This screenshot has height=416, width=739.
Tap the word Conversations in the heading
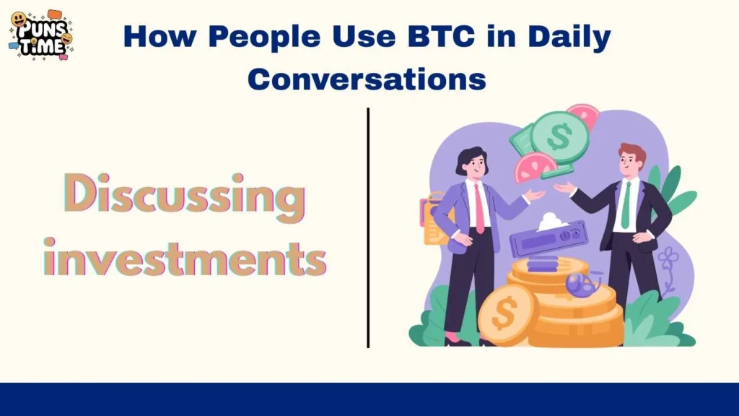pyautogui.click(x=367, y=79)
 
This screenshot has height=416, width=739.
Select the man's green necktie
pyautogui.click(x=626, y=205)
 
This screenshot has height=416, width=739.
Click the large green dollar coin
pyautogui.click(x=559, y=136)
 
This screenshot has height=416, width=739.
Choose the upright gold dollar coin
pyautogui.click(x=508, y=314)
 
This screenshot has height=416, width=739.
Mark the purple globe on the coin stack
pyautogui.click(x=579, y=284)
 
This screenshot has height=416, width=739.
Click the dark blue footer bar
pyautogui.click(x=369, y=399)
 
